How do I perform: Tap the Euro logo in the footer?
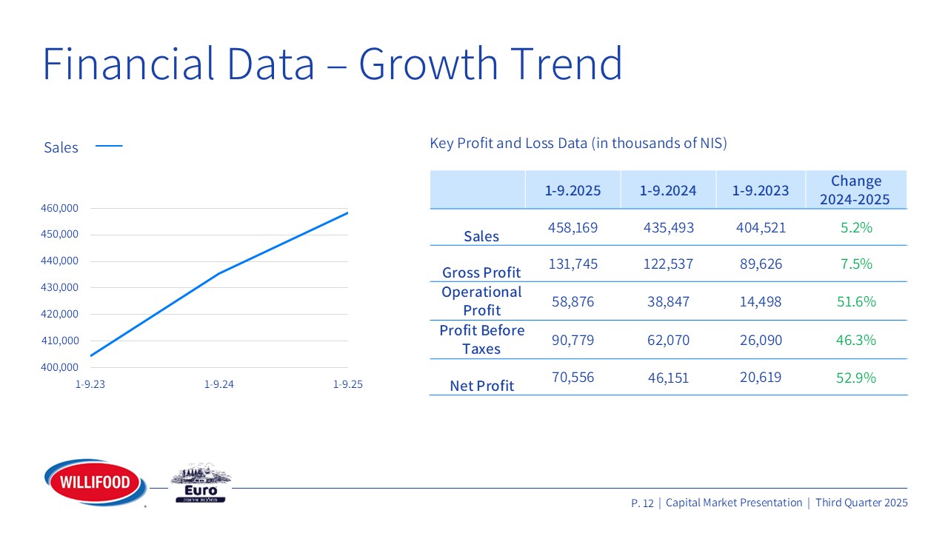click(201, 486)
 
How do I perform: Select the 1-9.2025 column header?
click(573, 190)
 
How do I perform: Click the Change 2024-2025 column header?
click(856, 190)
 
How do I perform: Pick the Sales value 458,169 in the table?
click(573, 227)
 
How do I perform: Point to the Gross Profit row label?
click(481, 272)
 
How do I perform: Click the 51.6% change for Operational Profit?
click(856, 301)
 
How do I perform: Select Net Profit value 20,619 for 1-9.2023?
click(761, 378)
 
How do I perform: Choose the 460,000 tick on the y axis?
click(60, 209)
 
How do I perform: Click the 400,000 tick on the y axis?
click(60, 367)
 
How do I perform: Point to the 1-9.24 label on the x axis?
click(219, 385)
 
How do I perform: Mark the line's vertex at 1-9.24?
click(219, 273)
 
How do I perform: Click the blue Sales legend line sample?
click(109, 147)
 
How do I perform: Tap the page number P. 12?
click(642, 503)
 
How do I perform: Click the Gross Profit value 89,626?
click(761, 264)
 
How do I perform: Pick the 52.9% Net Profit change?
click(856, 378)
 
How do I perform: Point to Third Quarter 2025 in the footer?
click(861, 503)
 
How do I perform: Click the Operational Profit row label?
click(481, 301)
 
